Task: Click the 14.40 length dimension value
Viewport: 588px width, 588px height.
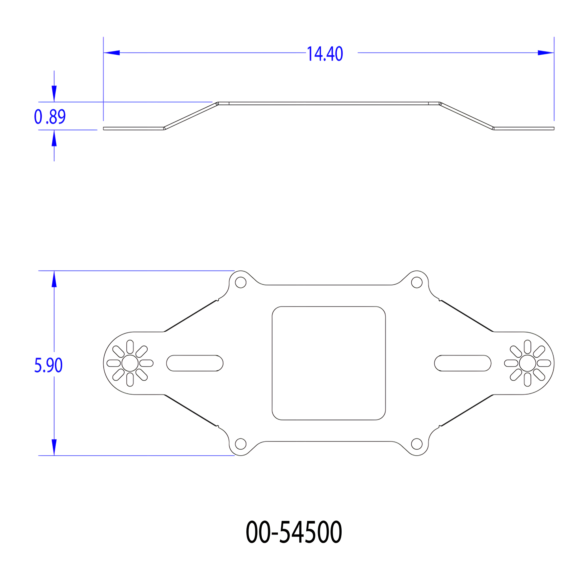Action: (325, 54)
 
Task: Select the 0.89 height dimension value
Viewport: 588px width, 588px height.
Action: (50, 116)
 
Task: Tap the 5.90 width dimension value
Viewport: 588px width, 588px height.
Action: (49, 365)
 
